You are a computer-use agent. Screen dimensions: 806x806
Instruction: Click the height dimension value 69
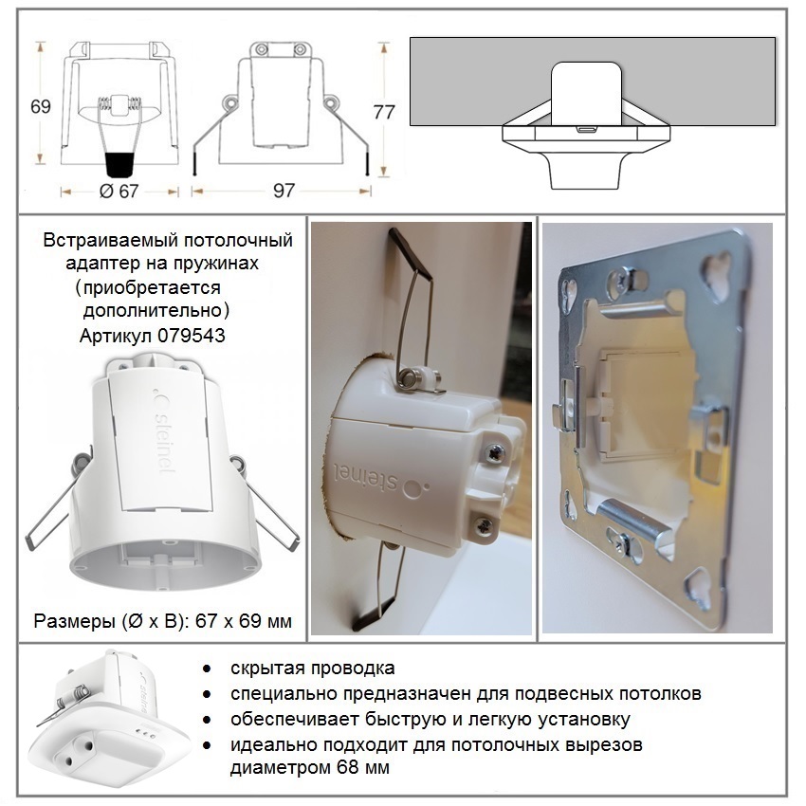[x=41, y=106]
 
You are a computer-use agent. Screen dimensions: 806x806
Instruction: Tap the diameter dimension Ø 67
[x=119, y=192]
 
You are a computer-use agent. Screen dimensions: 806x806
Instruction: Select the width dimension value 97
[x=284, y=191]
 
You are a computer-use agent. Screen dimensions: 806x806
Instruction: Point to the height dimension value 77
[x=384, y=112]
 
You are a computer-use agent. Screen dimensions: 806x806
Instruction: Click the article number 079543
[x=192, y=336]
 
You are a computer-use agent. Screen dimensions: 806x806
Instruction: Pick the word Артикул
[x=116, y=337]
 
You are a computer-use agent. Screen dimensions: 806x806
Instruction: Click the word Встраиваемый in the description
[x=110, y=241]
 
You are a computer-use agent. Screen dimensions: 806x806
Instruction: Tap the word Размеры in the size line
[x=75, y=621]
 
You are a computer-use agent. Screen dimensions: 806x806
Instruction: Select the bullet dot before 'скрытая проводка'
[x=207, y=669]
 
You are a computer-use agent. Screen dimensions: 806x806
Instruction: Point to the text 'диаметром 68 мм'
[x=309, y=767]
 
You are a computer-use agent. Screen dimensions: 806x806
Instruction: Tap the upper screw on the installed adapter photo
[x=494, y=453]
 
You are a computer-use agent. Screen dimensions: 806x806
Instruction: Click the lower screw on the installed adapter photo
[x=484, y=525]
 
